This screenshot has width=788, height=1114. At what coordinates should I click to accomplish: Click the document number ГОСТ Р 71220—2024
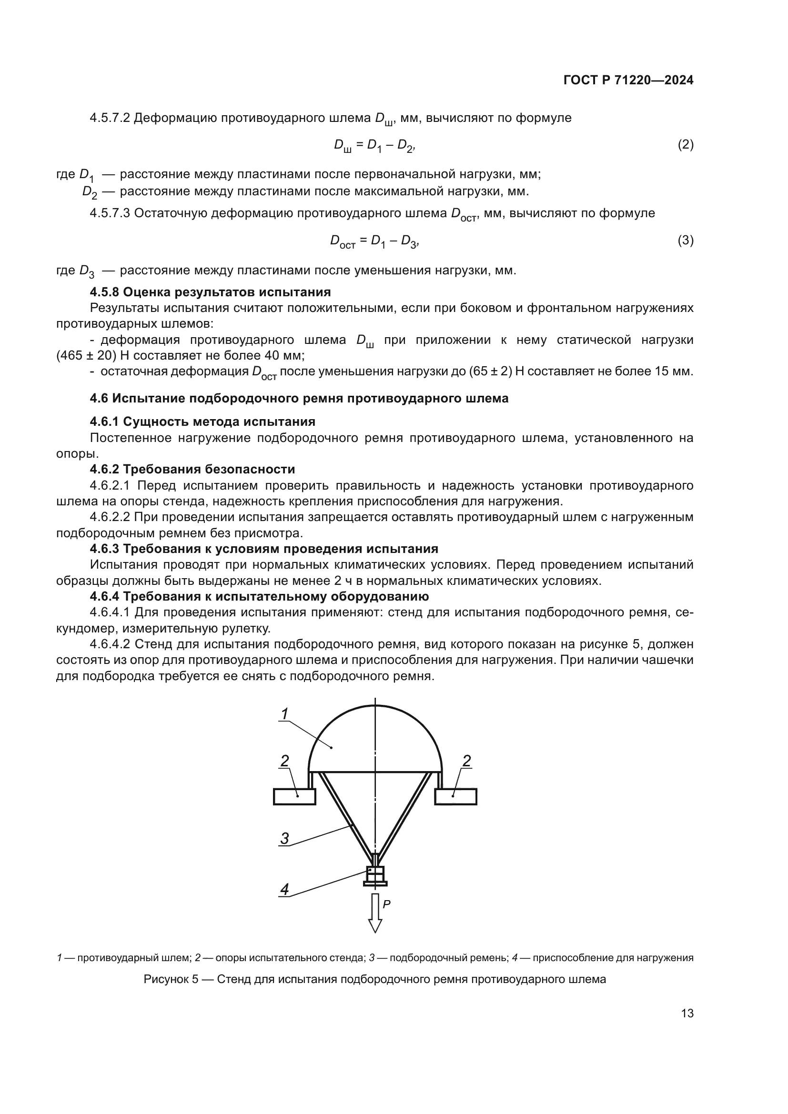point(628,80)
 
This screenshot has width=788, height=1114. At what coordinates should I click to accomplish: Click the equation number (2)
point(685,145)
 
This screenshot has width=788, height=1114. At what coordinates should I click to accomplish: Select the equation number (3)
point(685,240)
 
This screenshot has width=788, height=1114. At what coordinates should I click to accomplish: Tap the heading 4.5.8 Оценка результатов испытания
point(210,292)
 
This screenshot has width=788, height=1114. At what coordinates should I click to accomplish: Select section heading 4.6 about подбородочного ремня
point(299,398)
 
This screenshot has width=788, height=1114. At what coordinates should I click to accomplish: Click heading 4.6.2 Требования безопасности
point(192,469)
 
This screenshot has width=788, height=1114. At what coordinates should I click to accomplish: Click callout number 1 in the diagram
point(285,714)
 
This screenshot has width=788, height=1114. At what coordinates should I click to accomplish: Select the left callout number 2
point(285,761)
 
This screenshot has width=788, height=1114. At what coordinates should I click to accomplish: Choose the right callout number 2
point(466,761)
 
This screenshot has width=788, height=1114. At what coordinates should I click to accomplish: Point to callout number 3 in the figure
point(285,838)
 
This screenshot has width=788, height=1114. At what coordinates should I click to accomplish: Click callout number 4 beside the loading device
point(285,889)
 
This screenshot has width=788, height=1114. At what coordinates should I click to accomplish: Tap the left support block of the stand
point(294,797)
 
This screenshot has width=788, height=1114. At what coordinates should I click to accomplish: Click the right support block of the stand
point(455,797)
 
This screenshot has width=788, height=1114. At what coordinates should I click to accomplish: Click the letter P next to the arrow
point(387,904)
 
